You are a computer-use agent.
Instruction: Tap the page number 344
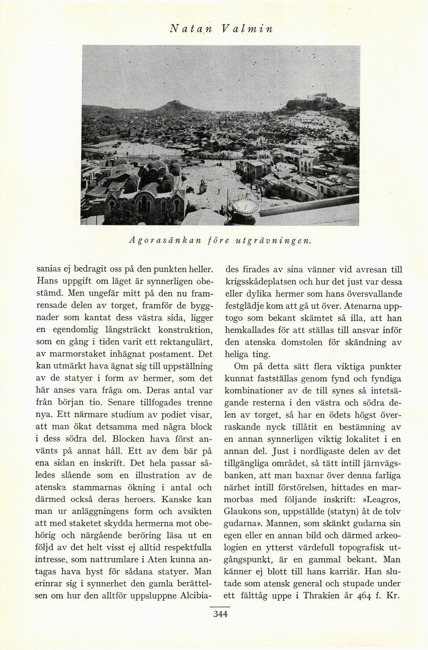(220, 614)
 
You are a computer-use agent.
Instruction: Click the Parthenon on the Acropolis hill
(319, 97)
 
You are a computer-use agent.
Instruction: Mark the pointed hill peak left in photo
(173, 104)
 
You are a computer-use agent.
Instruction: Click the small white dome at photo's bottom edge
(245, 208)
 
